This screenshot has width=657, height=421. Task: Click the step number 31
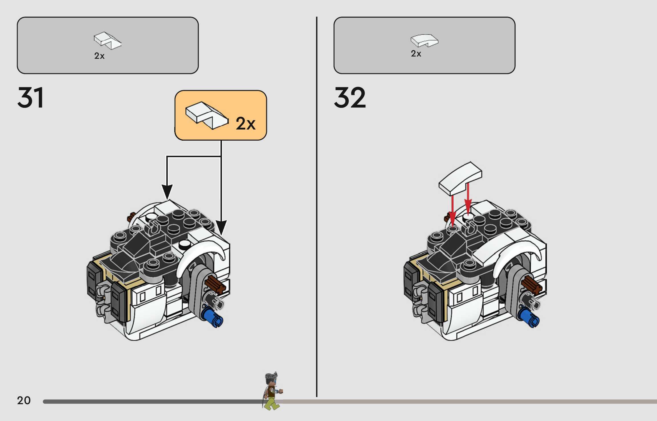[31, 98]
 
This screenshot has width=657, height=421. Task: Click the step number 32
[350, 98]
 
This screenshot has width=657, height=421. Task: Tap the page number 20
[24, 400]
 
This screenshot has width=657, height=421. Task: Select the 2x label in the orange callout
[245, 124]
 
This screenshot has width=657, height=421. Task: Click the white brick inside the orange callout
[207, 115]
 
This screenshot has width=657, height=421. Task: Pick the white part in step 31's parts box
[107, 41]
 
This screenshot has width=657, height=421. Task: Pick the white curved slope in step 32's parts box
[424, 41]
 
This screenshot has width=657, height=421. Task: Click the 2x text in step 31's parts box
[99, 56]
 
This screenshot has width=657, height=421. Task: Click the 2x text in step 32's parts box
[416, 54]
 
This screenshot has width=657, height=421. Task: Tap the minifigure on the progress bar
[272, 391]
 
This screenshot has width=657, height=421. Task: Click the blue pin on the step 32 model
[529, 318]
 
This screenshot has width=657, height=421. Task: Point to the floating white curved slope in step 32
[460, 178]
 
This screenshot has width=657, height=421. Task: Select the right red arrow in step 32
[468, 198]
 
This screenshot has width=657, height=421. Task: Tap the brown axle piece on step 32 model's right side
[531, 285]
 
